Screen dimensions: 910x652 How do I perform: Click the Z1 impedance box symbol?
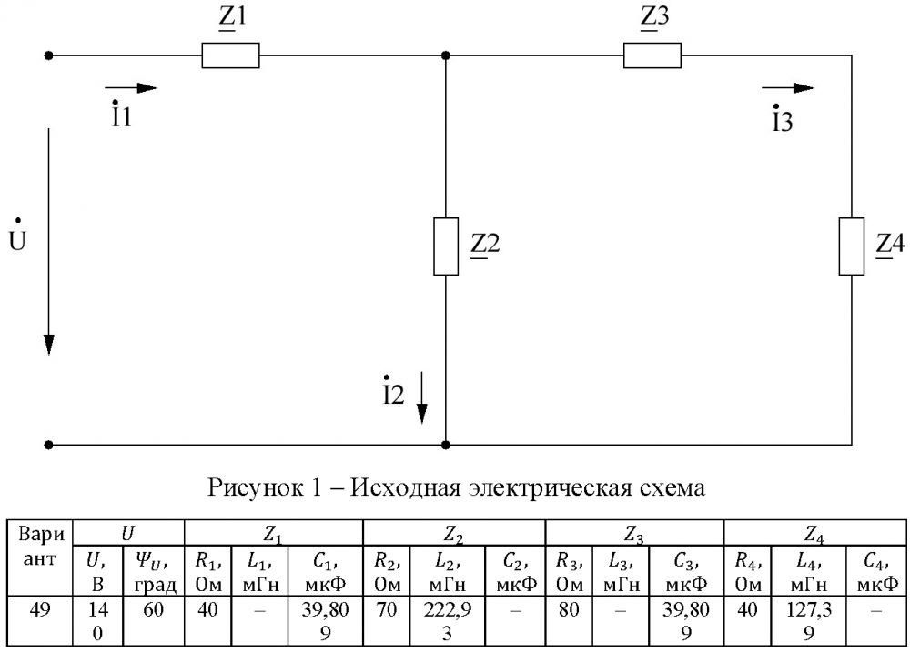point(230,55)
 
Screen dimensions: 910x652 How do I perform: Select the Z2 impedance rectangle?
point(445,246)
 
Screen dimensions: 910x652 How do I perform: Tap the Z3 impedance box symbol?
point(652,55)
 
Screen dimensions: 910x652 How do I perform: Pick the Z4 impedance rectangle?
point(851,246)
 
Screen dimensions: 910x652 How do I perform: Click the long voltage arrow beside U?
point(48,241)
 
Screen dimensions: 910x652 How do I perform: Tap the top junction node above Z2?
point(445,55)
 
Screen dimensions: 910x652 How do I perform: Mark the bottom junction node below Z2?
point(445,446)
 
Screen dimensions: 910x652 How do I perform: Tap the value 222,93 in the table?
point(447,617)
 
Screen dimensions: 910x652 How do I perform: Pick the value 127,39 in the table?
point(808,617)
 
